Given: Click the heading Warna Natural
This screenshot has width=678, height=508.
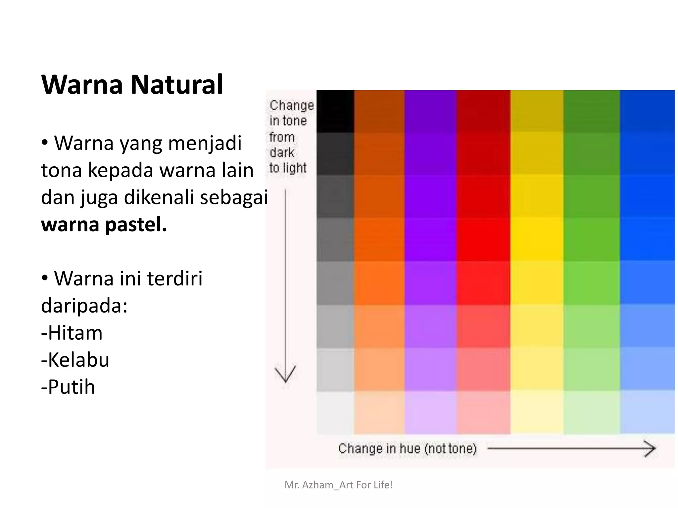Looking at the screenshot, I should [132, 85].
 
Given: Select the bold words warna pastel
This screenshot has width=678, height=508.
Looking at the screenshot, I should [104, 225].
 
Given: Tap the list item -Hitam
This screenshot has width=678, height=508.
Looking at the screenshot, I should [72, 333].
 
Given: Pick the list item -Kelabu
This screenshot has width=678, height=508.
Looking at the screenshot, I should [75, 360].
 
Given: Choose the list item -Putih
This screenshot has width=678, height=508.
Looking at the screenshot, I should [68, 387].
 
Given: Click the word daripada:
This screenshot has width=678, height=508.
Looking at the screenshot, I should [84, 306].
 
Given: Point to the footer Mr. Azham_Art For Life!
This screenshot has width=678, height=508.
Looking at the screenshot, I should [339, 485].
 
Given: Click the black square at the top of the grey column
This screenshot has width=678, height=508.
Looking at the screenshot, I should [335, 111].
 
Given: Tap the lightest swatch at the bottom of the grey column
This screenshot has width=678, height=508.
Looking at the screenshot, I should [335, 413].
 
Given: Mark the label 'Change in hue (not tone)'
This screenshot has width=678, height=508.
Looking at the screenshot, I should [407, 449].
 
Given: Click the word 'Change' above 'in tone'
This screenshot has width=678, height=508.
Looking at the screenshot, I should [292, 106].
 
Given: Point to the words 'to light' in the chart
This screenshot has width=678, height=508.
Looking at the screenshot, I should [288, 168].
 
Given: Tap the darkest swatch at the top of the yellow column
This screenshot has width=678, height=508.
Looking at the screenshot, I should [537, 111].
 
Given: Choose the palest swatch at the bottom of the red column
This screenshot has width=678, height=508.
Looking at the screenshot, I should [484, 413].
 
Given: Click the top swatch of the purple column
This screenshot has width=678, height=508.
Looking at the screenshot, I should [430, 111].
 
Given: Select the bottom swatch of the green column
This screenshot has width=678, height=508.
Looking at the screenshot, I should [592, 413].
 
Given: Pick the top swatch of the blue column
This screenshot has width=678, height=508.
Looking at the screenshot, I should [647, 111].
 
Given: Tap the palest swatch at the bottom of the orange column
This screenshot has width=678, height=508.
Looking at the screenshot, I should [379, 413].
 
